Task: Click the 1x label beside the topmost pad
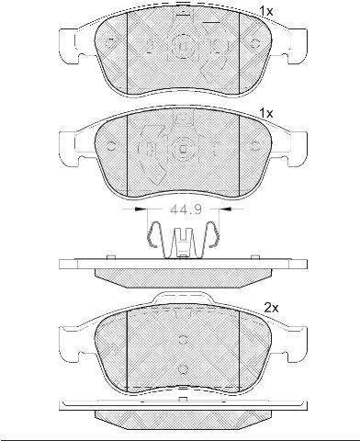click(266, 12)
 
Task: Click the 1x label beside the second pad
click(266, 114)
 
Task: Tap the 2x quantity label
click(272, 308)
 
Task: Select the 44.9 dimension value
click(186, 209)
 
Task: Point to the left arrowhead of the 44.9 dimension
click(140, 209)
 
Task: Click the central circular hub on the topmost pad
click(183, 46)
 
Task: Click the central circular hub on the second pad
click(183, 148)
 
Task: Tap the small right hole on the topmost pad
click(254, 42)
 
